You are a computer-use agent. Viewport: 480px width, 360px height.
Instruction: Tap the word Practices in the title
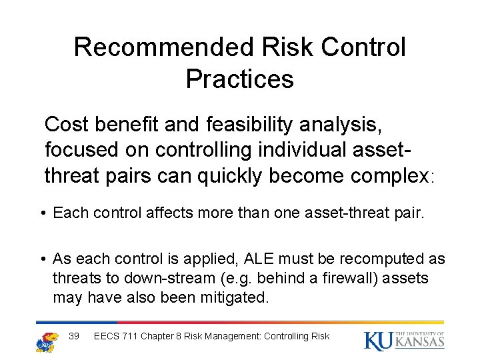tap(239, 79)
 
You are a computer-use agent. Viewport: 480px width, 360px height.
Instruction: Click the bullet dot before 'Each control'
tap(42, 213)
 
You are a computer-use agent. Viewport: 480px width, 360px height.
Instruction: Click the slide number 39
tap(74, 336)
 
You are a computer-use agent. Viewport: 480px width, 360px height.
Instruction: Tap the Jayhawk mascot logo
tap(47, 340)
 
